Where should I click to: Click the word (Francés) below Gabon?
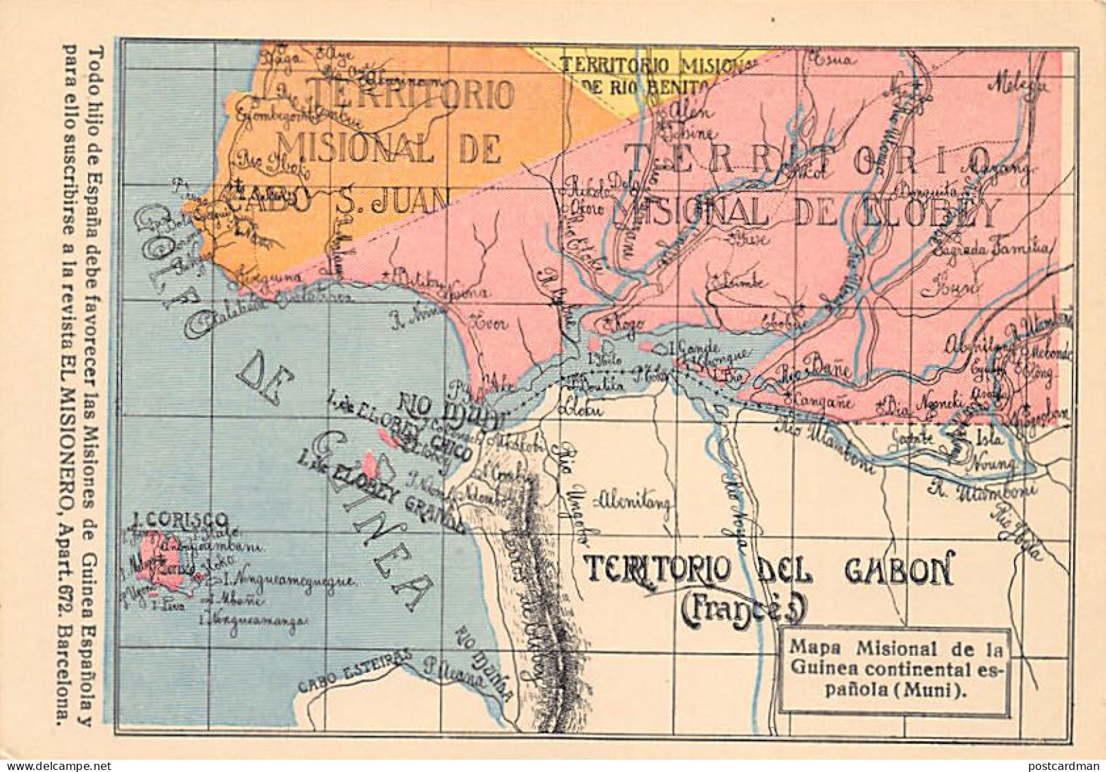(x=744, y=610)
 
